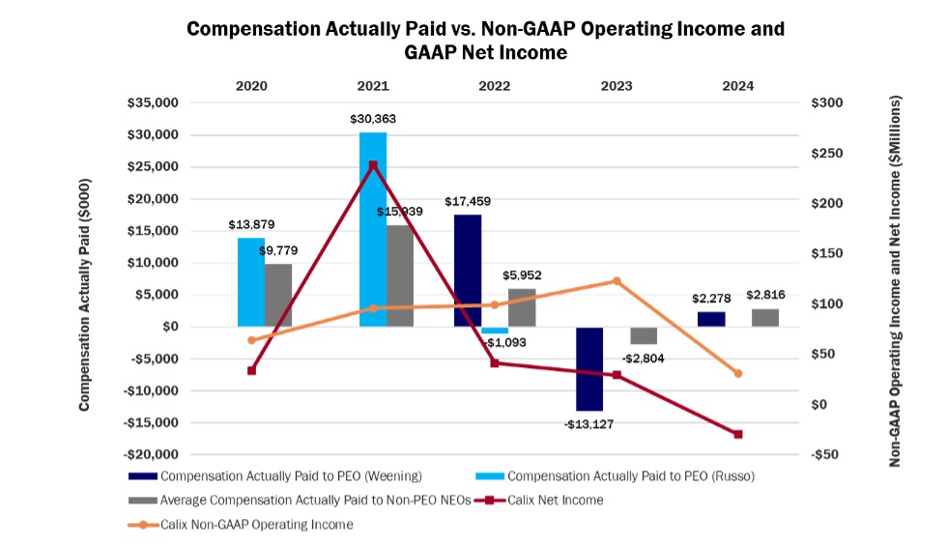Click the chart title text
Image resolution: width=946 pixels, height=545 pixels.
click(x=485, y=40)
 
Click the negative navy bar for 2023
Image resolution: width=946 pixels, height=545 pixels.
click(x=589, y=368)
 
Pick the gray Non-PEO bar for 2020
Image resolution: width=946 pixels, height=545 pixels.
click(x=278, y=295)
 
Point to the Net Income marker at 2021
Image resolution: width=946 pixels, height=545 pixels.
click(x=373, y=165)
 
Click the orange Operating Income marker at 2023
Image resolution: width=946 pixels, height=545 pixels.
click(x=616, y=281)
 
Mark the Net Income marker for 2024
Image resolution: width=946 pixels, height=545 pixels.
click(x=738, y=434)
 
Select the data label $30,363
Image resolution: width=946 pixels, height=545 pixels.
click(x=373, y=119)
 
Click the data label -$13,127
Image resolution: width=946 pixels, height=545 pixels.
click(x=589, y=423)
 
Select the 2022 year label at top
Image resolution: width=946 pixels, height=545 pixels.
click(x=495, y=86)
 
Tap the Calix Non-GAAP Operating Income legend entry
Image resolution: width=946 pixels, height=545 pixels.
click(x=258, y=525)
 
